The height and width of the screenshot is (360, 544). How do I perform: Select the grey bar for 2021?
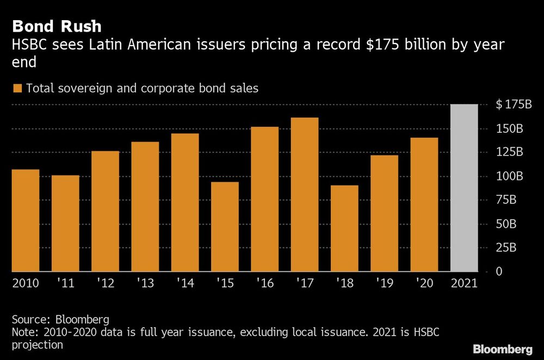pos(464,188)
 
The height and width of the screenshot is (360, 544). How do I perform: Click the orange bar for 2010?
pos(26,220)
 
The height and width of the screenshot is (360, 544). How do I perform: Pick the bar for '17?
pos(305,194)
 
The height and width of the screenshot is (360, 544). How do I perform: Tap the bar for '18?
pos(344,228)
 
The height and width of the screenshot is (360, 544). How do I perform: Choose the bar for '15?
pos(225,226)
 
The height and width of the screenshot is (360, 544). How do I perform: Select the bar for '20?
pos(424,204)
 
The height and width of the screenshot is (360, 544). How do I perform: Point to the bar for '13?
pos(145,206)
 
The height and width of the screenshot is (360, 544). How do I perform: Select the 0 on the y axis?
pos(499,271)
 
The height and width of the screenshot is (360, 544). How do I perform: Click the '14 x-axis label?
pos(185,284)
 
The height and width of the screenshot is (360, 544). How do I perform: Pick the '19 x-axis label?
pos(384,284)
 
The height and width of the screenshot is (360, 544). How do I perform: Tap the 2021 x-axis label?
pos(464,284)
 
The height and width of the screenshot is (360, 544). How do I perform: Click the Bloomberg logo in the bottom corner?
pos(503,348)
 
